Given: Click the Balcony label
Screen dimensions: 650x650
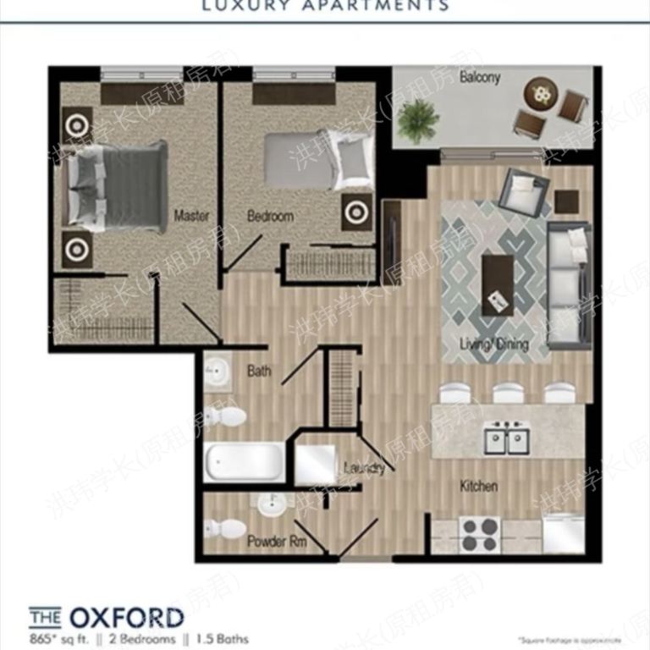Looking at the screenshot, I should [x=480, y=78].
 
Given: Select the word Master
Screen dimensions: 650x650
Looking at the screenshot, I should [x=191, y=216].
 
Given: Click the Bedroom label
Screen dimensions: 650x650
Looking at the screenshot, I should [x=270, y=216].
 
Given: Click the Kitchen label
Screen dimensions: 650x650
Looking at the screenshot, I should [x=478, y=487].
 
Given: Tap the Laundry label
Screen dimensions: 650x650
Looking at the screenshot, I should [x=365, y=468].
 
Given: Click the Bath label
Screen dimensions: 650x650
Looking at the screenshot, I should [x=259, y=371].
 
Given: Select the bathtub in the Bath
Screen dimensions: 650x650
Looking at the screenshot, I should [x=245, y=461].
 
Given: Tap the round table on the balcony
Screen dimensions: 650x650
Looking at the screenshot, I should [x=540, y=91].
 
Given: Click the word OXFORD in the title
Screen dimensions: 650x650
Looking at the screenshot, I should [x=138, y=616].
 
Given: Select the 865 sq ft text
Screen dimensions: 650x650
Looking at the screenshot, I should [x=58, y=639].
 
